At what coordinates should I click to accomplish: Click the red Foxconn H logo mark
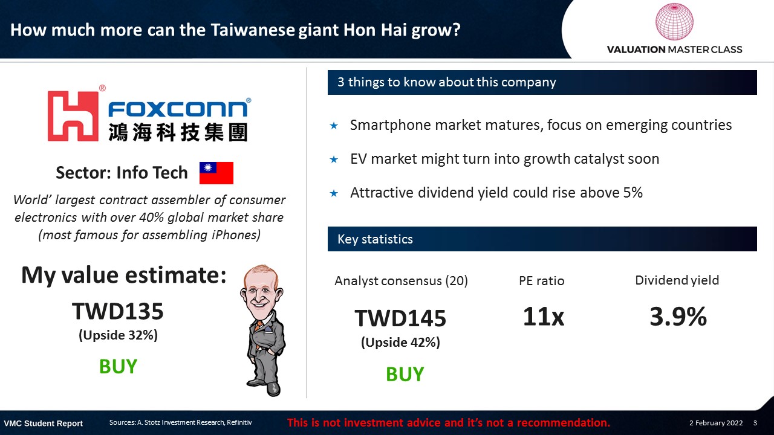(73, 116)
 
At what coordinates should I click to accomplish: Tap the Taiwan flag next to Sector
(216, 173)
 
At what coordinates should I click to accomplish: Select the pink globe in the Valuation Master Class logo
(674, 21)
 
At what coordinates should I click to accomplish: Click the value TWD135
(117, 311)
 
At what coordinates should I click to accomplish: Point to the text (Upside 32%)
(118, 335)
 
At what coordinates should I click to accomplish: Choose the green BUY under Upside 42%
(405, 374)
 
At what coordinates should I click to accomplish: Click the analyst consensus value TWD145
(400, 318)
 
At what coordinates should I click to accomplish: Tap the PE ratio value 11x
(543, 316)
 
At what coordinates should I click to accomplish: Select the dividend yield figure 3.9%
(678, 316)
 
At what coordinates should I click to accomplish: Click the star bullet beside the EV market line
(334, 159)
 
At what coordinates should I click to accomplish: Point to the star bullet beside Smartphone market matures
(334, 125)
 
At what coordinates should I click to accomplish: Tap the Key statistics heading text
(375, 239)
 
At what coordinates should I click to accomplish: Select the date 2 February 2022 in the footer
(716, 422)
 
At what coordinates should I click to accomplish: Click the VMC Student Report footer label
(43, 424)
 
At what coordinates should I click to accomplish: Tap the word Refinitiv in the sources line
(239, 422)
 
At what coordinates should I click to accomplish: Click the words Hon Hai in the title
(375, 30)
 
